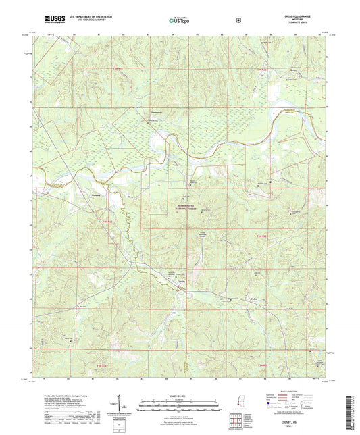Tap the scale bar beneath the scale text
point(179,404)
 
